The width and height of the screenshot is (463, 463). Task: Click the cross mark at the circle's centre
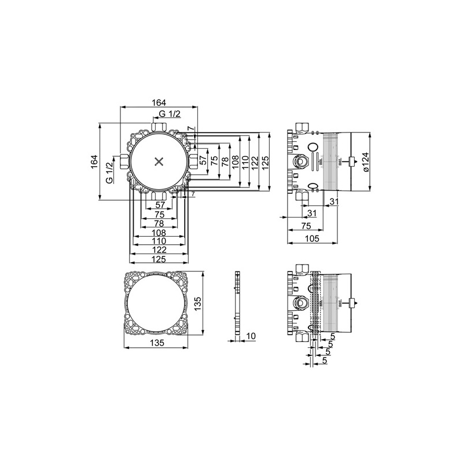(x=159, y=161)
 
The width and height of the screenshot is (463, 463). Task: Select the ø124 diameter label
(x=365, y=162)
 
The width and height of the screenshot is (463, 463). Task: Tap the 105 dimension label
(x=312, y=238)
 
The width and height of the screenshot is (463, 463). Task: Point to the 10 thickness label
(x=251, y=336)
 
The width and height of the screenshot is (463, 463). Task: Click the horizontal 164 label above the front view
(x=159, y=102)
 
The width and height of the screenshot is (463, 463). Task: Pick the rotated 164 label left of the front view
(x=94, y=161)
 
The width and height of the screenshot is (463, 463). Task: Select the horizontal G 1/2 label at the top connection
(x=170, y=113)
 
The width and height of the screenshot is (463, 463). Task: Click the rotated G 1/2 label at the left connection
(x=109, y=172)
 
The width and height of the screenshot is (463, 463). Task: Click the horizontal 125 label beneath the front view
(x=159, y=259)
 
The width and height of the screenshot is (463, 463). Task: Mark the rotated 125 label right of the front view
(x=265, y=162)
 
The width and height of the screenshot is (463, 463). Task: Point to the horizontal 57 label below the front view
(x=160, y=205)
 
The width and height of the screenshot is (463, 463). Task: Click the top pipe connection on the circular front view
(x=159, y=126)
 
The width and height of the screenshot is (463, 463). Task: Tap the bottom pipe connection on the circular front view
(x=159, y=196)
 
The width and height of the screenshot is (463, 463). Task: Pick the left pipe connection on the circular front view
(x=124, y=161)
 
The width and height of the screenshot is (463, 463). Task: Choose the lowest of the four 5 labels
(x=325, y=360)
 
